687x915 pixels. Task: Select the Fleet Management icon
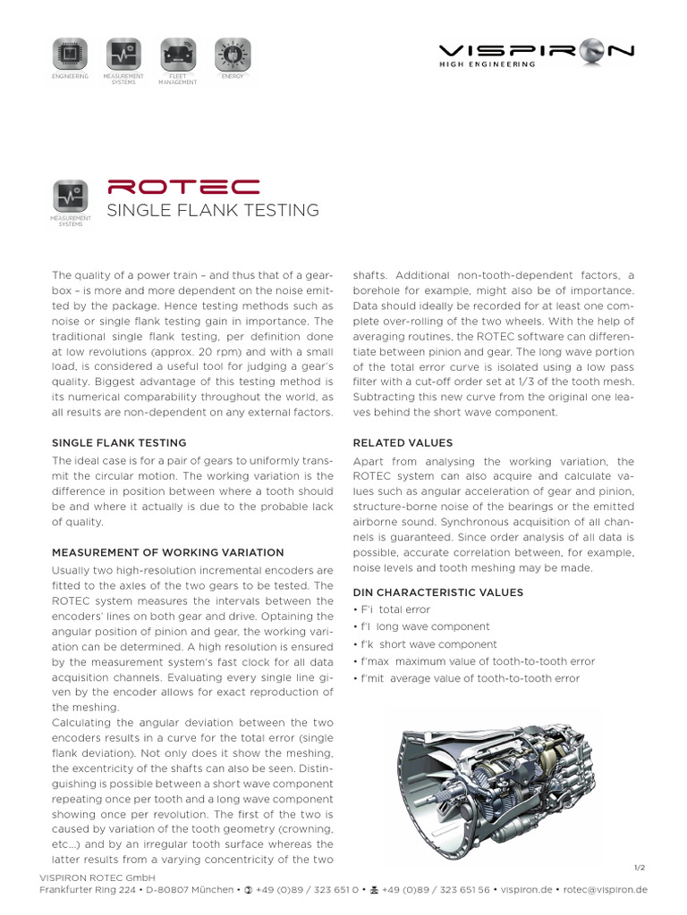176,55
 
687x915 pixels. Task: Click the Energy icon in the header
233,55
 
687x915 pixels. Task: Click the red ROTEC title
183,187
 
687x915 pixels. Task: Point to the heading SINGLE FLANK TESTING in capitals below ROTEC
213,210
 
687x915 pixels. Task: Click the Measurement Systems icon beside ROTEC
69,197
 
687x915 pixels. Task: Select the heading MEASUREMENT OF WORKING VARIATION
168,552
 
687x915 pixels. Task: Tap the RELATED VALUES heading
403,442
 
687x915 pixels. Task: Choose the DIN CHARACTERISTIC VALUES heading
438,592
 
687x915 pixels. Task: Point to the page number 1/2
639,868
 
